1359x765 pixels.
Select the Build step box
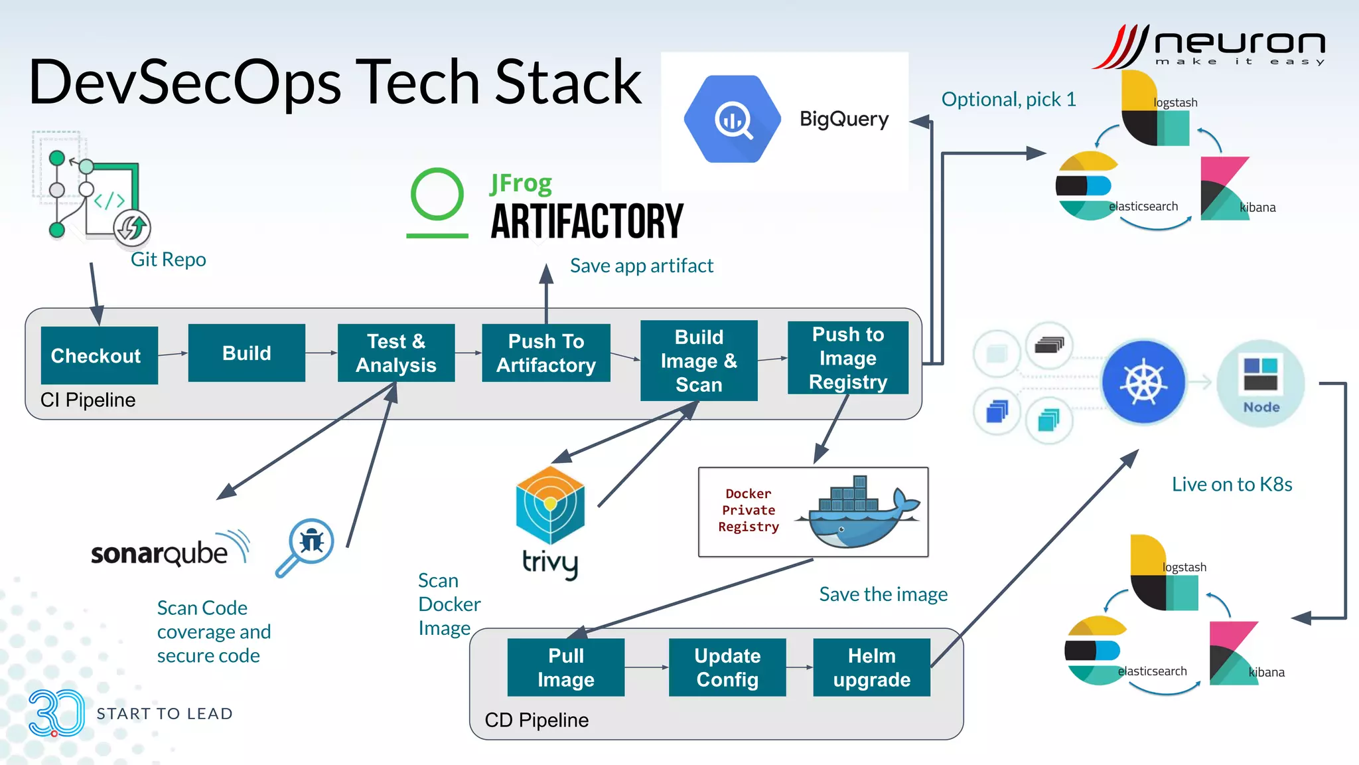tap(247, 353)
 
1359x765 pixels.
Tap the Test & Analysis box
tap(396, 353)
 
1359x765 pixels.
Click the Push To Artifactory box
tap(546, 353)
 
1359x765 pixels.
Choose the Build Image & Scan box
tap(699, 361)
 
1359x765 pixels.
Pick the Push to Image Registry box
tap(848, 358)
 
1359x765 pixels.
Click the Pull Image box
tap(566, 667)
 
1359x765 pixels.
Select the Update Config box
tap(727, 667)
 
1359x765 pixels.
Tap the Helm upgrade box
tap(871, 667)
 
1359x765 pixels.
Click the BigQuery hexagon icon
tap(733, 120)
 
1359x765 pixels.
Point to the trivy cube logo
tap(550, 505)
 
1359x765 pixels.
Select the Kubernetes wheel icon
tap(1143, 382)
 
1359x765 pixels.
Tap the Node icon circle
tap(1261, 383)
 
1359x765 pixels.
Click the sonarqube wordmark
tap(159, 553)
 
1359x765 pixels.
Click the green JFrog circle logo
tap(437, 195)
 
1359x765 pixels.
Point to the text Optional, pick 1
tap(1009, 100)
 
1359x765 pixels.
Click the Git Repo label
tap(168, 260)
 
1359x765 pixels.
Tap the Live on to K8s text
tap(1232, 484)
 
